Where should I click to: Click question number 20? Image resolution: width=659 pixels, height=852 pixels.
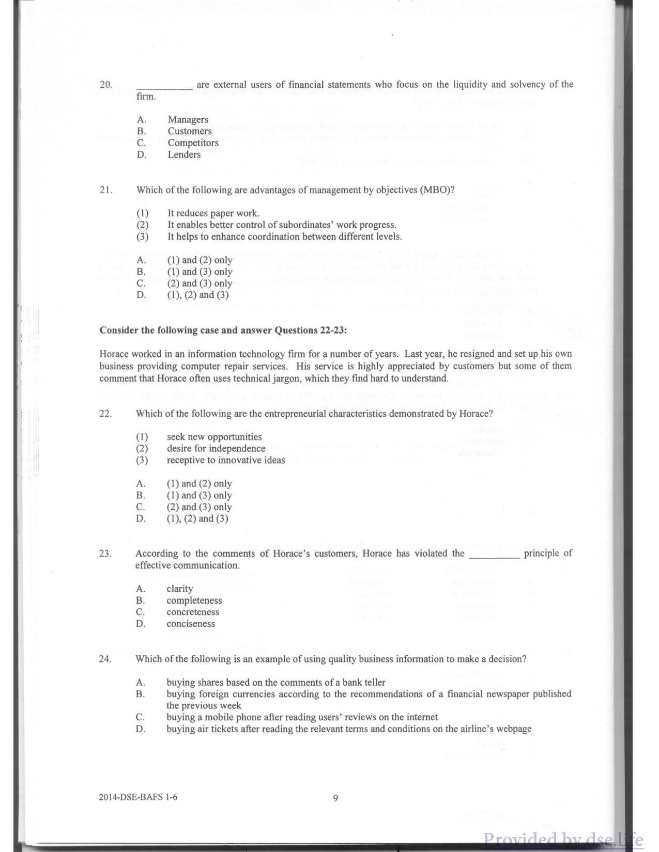coord(106,85)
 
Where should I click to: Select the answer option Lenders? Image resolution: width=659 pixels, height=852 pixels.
coord(184,154)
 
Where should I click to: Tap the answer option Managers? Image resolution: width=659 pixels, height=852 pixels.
coord(188,119)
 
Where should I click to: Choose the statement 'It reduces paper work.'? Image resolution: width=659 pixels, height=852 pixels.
coord(213,213)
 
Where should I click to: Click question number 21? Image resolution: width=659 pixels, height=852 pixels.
coord(105,190)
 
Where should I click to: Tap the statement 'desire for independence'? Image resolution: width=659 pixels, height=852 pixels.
coord(216,449)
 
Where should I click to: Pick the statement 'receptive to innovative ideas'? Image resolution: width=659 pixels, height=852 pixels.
coord(225,460)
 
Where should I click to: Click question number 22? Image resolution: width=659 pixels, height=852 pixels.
coord(105,414)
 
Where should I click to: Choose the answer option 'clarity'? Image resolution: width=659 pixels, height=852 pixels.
coord(179,589)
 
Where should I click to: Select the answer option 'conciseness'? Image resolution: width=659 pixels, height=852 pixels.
coord(190,624)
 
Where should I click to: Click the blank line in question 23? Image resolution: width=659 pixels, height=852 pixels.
coord(494,556)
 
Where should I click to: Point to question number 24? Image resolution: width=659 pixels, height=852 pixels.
coord(105,659)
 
